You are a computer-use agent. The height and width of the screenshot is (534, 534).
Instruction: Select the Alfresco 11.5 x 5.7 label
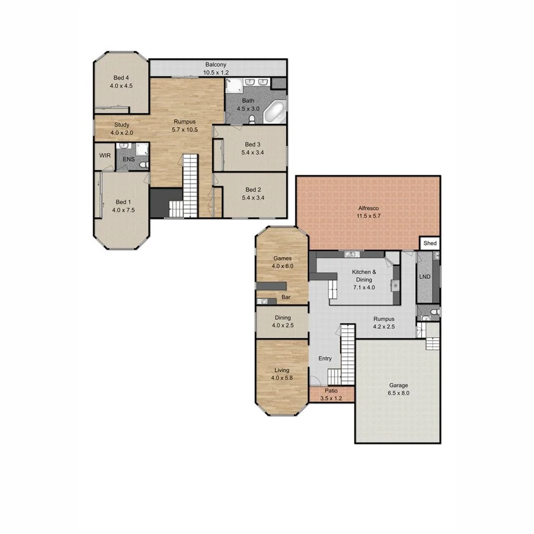pos(368,212)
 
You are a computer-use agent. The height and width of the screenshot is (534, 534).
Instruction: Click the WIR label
pos(105,155)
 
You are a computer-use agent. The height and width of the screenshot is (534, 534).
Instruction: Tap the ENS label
pos(129,160)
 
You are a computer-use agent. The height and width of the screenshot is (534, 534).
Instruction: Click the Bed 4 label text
pos(120,78)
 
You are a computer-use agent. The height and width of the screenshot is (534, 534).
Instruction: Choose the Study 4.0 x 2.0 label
pos(122,128)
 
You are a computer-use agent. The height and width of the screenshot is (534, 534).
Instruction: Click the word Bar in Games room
pos(285,297)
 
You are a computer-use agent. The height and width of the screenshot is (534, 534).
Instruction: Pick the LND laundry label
pos(424,277)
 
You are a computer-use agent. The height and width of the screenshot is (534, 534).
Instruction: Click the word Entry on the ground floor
pos(325,358)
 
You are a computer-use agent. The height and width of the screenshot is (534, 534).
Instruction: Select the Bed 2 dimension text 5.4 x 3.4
pos(252,199)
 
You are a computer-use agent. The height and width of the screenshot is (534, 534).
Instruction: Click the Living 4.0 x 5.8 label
pos(282,374)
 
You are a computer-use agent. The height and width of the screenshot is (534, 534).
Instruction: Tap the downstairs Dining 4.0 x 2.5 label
pos(282,322)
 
